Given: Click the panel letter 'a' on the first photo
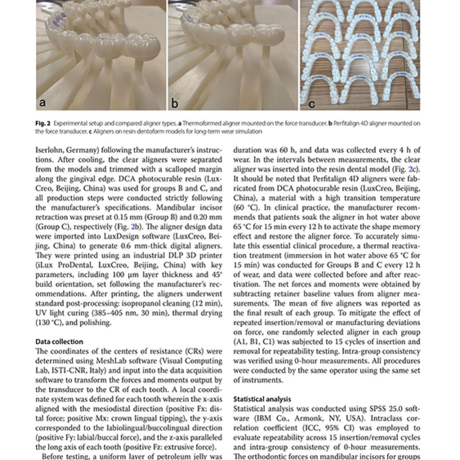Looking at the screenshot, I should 43,102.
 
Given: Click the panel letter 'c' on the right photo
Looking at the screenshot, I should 311,104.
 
